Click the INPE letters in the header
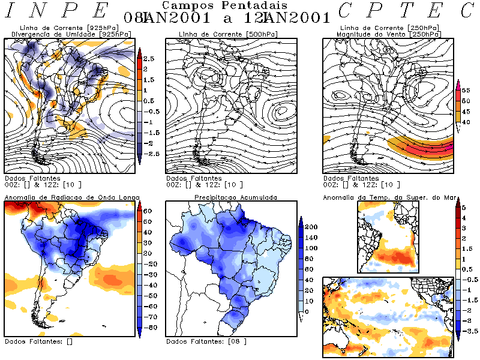[58, 10]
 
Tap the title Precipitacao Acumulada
[235, 197]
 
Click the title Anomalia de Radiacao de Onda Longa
[72, 197]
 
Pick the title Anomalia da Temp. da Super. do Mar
[383, 197]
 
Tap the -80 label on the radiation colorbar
[148, 328]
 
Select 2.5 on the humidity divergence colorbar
[149, 59]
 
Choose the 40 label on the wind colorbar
[465, 122]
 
